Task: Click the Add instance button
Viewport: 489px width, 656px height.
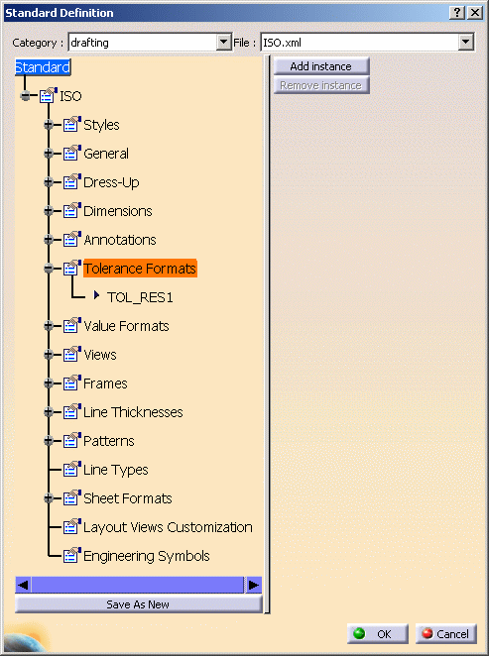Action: pos(321,66)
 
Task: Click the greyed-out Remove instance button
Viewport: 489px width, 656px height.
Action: pos(321,85)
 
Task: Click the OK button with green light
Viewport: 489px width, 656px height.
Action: pos(377,634)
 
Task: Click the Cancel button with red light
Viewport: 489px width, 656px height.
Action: pos(446,634)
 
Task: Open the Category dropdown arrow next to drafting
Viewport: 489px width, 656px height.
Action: pos(224,43)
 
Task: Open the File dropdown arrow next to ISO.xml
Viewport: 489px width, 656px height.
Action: pos(465,43)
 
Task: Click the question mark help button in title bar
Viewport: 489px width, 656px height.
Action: pos(457,13)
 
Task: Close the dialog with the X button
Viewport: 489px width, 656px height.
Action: pos(475,13)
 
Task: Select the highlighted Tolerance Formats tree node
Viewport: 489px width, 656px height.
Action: pos(140,269)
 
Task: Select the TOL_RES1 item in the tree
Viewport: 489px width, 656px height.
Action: pos(140,297)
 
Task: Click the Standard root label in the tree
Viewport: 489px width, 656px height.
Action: pos(43,67)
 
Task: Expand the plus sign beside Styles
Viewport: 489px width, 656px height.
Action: pos(49,124)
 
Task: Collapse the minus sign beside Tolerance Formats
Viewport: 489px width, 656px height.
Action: pos(49,269)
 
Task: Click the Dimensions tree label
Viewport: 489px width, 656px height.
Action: pos(118,211)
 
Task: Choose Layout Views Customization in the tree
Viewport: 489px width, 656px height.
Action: pos(168,527)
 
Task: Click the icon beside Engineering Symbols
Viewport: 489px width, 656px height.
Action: pos(71,555)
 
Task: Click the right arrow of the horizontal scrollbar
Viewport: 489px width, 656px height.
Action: pos(253,585)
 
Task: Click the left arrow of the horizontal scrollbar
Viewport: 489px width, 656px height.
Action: pos(24,585)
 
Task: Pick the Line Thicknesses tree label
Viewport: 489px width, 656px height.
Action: pos(133,412)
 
